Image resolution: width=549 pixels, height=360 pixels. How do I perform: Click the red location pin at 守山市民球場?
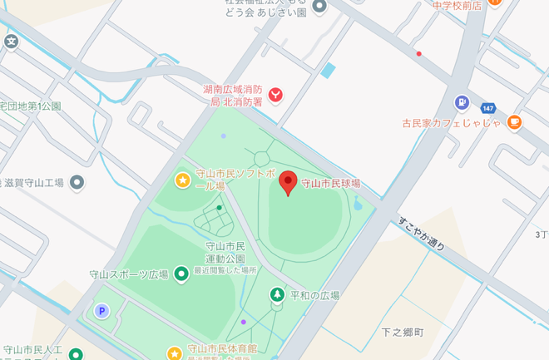point(288,182)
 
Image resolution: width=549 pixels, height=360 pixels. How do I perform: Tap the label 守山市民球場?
point(330,183)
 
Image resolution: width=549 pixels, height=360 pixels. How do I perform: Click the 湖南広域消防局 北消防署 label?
point(233,96)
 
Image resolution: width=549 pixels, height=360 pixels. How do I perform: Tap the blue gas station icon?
point(462,102)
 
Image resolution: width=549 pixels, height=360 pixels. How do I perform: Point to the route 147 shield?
point(487,108)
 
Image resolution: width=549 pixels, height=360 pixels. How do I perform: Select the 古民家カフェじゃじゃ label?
point(452,123)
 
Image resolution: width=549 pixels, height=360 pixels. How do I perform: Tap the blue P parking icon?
point(102,311)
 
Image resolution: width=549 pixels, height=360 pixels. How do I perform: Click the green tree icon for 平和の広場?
point(276,294)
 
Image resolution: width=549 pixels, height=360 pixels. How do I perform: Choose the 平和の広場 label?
point(314,295)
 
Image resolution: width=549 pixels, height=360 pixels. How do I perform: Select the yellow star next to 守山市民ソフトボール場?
point(182,180)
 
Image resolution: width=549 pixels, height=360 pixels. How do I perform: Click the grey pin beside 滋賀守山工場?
point(77,182)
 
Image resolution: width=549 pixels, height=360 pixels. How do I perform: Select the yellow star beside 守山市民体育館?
point(174,353)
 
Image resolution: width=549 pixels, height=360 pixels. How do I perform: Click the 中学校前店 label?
point(457,5)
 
